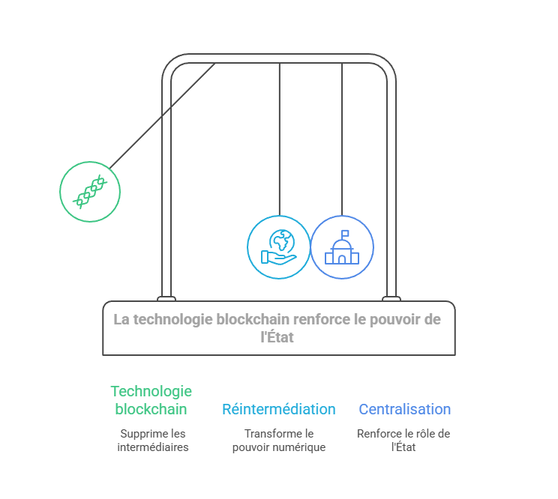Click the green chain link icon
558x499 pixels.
coord(90,192)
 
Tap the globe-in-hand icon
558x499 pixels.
coord(278,247)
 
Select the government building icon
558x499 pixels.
coord(342,247)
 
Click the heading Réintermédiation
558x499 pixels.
coord(278,409)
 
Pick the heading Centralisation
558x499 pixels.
coord(405,409)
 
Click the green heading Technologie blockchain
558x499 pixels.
coord(151,400)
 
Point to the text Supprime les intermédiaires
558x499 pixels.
coord(153,441)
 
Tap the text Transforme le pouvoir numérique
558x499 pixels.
coord(278,441)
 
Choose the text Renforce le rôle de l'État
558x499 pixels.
coord(403,441)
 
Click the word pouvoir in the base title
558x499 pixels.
coord(377,319)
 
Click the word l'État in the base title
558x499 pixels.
coord(277,337)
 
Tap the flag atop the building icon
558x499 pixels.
coord(345,233)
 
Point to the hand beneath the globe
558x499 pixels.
coord(276,258)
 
